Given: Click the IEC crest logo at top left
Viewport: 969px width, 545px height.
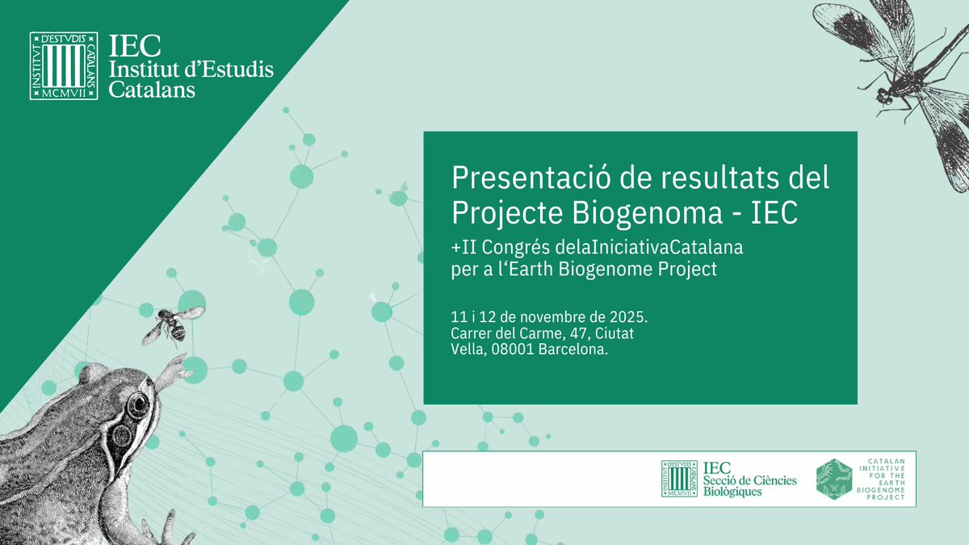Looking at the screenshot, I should (x=64, y=66).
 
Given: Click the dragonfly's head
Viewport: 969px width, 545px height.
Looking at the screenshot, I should (x=884, y=97).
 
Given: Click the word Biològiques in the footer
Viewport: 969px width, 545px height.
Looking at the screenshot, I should (x=732, y=492).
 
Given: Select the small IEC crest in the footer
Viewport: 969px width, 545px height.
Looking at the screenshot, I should (x=680, y=478).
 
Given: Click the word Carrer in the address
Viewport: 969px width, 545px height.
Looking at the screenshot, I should (x=474, y=333).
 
